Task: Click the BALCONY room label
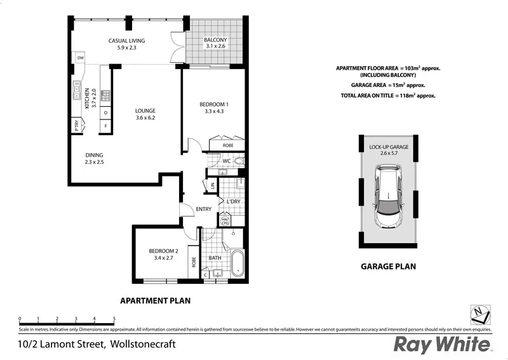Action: tap(215, 40)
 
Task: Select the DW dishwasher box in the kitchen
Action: tap(80, 58)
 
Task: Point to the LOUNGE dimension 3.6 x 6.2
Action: tap(145, 117)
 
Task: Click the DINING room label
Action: tap(94, 155)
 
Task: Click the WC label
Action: tap(225, 161)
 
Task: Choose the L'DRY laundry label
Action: tap(233, 201)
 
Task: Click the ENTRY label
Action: tap(203, 209)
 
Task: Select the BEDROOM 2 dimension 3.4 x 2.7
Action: tap(163, 258)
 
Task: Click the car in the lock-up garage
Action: tap(388, 197)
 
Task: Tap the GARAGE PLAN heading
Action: tap(388, 267)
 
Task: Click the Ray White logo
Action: tap(443, 344)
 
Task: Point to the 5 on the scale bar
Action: tap(114, 319)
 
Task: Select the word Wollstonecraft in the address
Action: tap(142, 345)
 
